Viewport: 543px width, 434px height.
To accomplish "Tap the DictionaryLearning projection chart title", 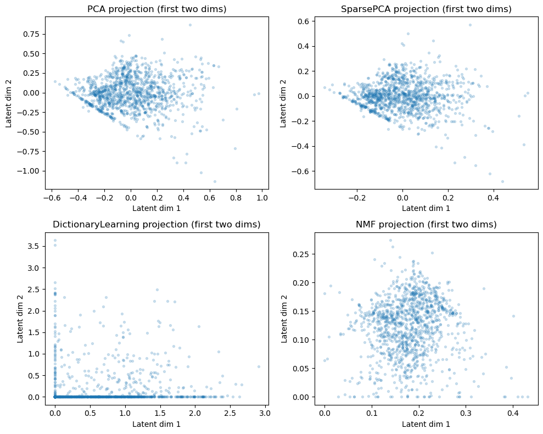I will coord(156,225).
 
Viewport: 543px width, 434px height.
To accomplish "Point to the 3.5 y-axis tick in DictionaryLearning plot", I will coord(33,246).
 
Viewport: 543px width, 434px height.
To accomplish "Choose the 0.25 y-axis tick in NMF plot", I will coord(302,254).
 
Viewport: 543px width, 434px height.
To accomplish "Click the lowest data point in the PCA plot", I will coord(215,181).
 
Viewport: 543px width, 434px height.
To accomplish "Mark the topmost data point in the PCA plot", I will coord(190,25).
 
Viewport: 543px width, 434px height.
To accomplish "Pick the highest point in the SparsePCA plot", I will coord(470,25).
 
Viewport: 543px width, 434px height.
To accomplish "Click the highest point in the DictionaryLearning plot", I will coord(55,241).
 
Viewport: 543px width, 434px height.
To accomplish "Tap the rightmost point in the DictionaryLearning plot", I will coord(259,366).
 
